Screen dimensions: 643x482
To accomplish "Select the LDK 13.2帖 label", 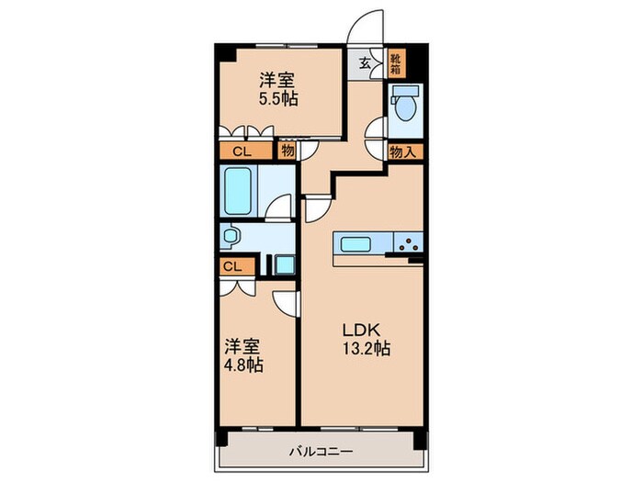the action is point(367,339).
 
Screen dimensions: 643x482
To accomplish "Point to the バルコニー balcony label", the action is point(321,452).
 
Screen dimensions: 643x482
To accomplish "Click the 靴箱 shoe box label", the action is point(395,64).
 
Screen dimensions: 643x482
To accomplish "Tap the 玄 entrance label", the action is point(365,63).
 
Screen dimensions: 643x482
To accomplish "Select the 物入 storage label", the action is point(403,152).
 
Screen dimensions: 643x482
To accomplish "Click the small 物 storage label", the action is point(288,151).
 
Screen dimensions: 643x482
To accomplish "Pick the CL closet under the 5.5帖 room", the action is point(242,151).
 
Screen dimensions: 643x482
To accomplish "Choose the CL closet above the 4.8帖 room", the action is point(233,267).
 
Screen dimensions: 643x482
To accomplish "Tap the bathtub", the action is point(238,191).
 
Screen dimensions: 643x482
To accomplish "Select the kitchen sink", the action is point(356,245).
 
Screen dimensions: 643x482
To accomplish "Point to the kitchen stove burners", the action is point(409,244).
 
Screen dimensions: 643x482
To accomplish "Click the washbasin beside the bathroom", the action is point(231,236).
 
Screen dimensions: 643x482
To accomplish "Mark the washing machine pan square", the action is point(285,264).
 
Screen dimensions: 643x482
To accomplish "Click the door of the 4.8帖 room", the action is point(286,303).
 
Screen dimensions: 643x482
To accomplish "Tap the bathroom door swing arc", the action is point(278,206).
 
